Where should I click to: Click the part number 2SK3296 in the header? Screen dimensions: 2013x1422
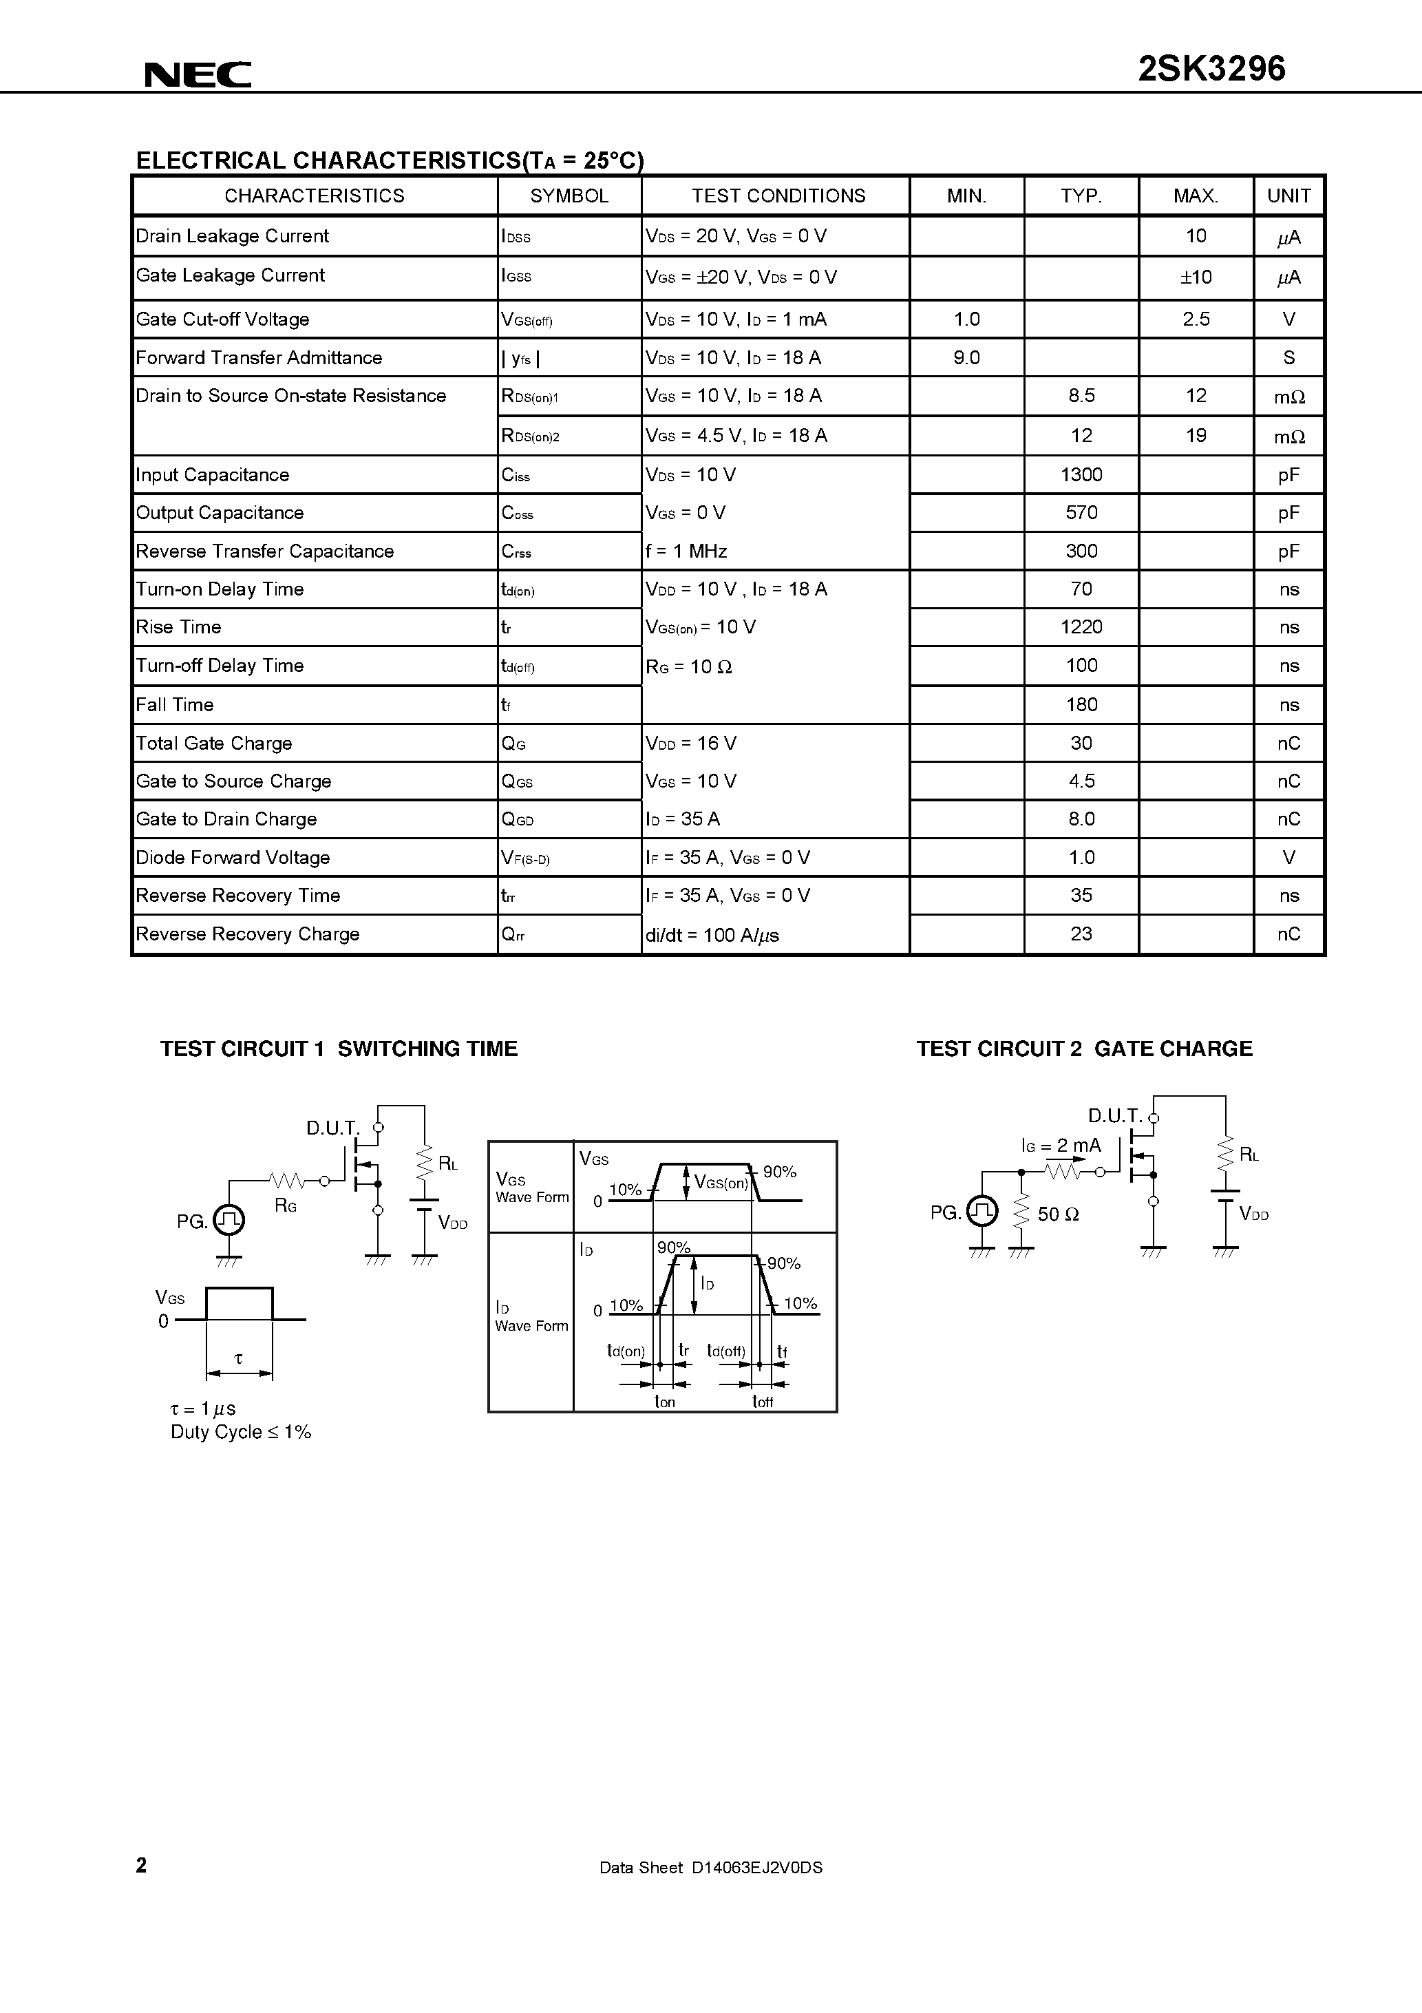[1211, 68]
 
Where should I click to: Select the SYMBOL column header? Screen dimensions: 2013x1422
[569, 196]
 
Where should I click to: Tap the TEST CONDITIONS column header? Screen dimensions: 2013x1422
[778, 196]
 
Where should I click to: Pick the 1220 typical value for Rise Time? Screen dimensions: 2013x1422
[1081, 627]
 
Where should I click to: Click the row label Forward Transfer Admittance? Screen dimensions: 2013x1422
[259, 358]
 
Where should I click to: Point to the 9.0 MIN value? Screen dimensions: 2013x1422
[966, 358]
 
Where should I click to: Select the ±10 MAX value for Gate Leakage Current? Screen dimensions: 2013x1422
[1196, 277]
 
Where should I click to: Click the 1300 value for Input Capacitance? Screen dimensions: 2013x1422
[1081, 474]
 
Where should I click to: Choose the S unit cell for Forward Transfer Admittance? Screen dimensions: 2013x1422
[1288, 358]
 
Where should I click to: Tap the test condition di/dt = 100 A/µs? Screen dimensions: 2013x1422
[712, 935]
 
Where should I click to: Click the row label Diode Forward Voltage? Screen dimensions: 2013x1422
[233, 858]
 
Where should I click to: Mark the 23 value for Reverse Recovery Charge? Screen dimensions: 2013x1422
[1081, 934]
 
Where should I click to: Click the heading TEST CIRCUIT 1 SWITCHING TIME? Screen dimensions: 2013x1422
[339, 1048]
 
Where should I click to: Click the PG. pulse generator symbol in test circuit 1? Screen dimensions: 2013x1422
[231, 1219]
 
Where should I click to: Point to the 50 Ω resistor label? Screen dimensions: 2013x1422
[1057, 1214]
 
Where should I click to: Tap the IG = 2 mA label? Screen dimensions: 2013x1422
[1060, 1146]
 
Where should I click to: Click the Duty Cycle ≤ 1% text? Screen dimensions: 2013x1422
[241, 1432]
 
